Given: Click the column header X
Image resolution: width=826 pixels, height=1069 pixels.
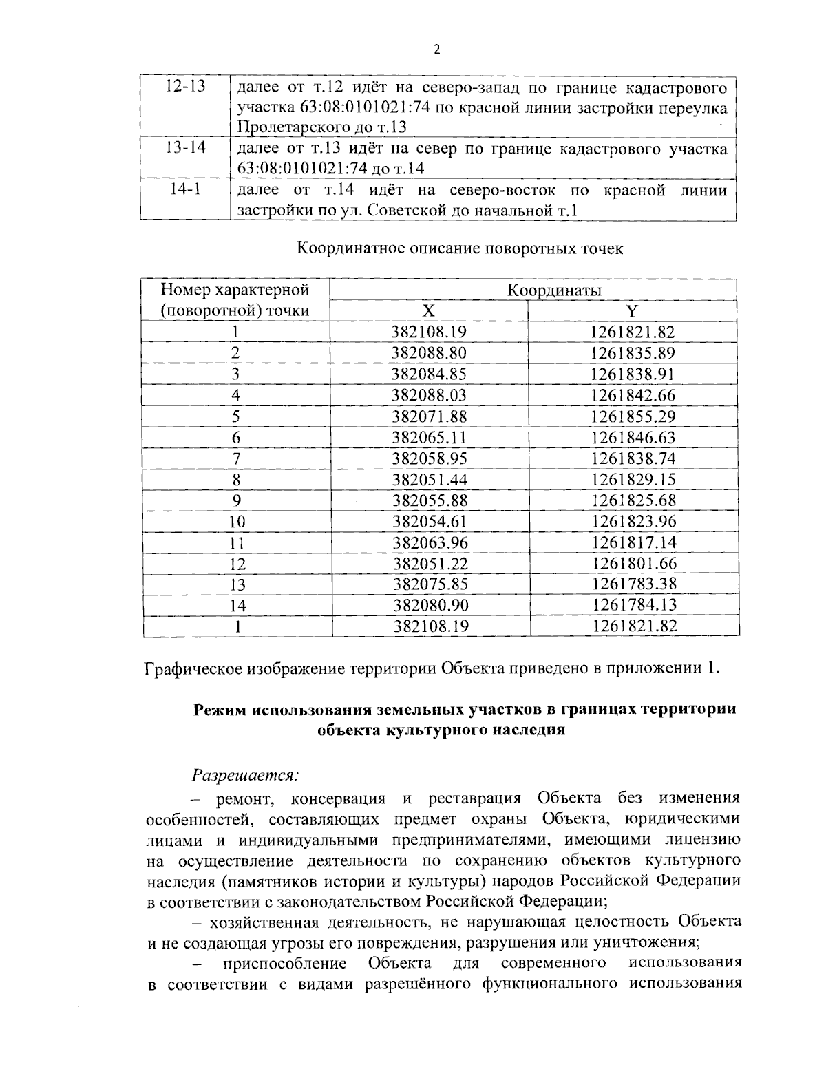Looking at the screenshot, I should coord(428,310).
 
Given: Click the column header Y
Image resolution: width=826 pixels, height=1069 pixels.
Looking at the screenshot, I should coord(633,310).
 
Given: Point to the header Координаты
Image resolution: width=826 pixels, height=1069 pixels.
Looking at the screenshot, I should coord(554,290).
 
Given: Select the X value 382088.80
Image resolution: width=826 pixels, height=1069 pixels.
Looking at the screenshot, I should coord(429,353).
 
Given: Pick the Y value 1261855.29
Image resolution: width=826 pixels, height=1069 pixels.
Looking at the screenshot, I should coord(633,416).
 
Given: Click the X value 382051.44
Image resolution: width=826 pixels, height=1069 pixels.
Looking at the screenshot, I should coord(429,479).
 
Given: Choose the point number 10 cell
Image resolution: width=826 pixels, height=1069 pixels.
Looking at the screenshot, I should coord(236,522).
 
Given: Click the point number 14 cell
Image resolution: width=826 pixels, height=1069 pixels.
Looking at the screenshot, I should coord(236,606).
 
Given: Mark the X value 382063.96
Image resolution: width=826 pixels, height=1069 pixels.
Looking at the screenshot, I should coord(429,542).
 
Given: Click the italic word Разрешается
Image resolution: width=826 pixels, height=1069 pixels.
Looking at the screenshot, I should coord(245,775).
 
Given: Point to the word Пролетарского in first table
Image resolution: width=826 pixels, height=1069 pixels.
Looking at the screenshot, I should coord(284,127).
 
